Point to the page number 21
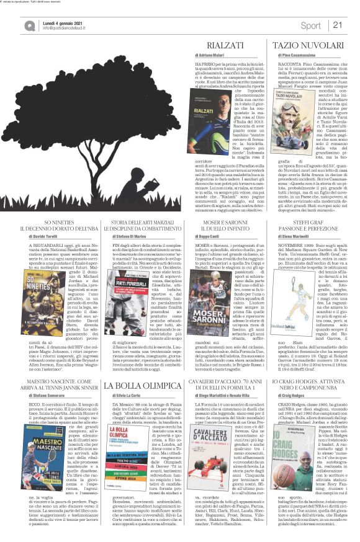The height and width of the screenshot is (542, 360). click(x=338, y=25)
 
